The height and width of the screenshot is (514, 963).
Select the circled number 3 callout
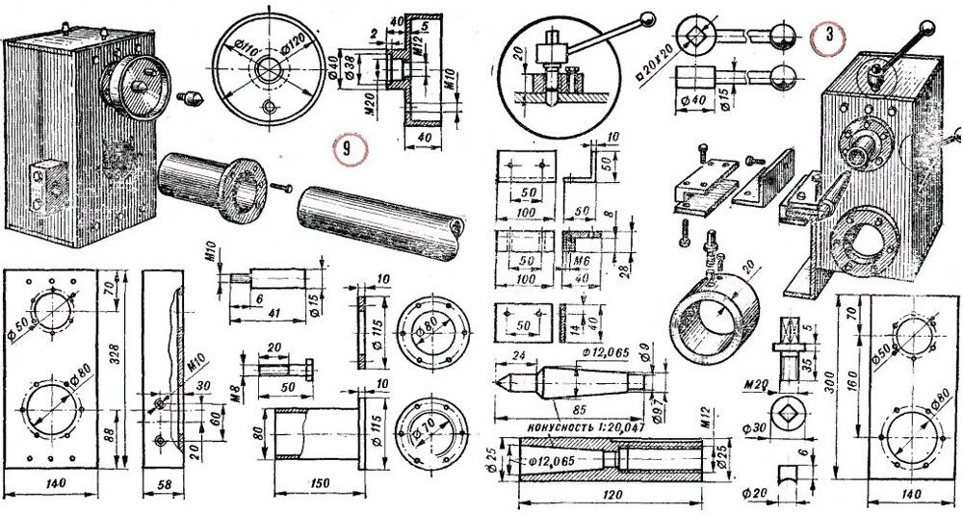[x=826, y=38]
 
